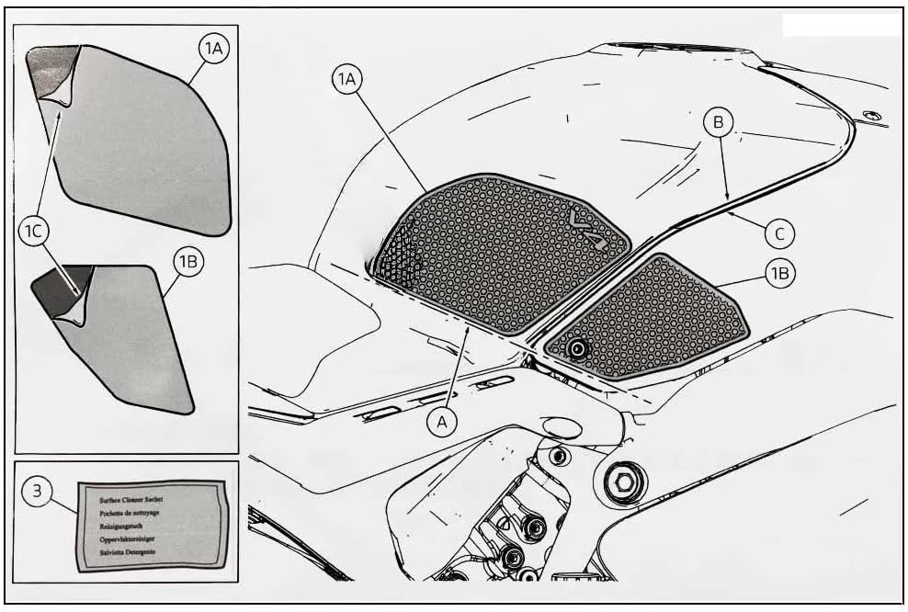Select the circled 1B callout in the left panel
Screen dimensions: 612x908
pos(188,262)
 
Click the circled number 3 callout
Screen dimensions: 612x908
pos(37,492)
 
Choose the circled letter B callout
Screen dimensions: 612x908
pos(720,120)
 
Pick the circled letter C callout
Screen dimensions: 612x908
pos(779,233)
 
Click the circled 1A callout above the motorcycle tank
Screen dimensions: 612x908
pos(346,81)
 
